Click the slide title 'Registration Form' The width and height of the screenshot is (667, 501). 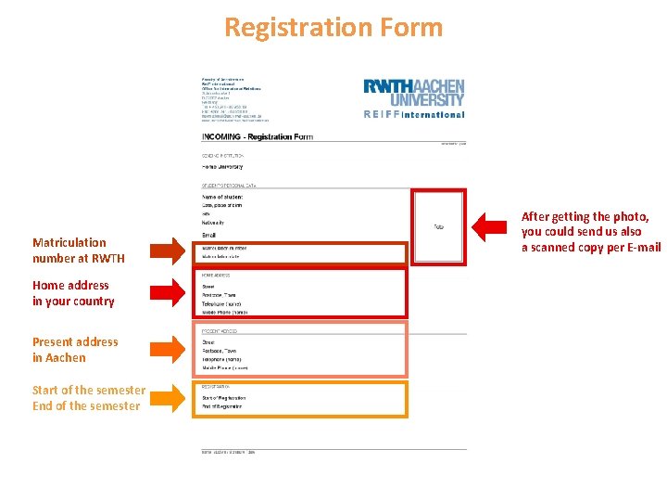coord(333,27)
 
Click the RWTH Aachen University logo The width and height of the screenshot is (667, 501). coord(414,92)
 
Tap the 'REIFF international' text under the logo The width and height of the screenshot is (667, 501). coord(414,115)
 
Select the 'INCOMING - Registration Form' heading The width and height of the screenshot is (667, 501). coord(258,136)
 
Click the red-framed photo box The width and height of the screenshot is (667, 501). coord(438,226)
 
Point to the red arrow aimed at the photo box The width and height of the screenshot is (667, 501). coord(493,225)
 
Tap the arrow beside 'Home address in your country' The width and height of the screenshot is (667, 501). coord(166,293)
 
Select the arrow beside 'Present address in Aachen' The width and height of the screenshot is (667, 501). coord(166,349)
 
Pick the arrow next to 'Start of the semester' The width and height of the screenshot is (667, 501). coord(166,398)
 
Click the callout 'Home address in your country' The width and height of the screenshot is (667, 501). coord(73,293)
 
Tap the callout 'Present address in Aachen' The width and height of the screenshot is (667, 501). coord(75,350)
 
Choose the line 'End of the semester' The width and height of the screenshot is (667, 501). coord(86,405)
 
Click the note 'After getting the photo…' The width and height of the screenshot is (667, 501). coord(591,232)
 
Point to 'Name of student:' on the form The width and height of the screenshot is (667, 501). coord(222,197)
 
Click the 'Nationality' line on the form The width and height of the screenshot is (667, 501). coord(214,223)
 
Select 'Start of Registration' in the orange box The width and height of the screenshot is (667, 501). coord(224,397)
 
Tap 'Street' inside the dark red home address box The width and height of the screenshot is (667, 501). coord(208,287)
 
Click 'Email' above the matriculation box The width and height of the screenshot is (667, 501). coord(208,236)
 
